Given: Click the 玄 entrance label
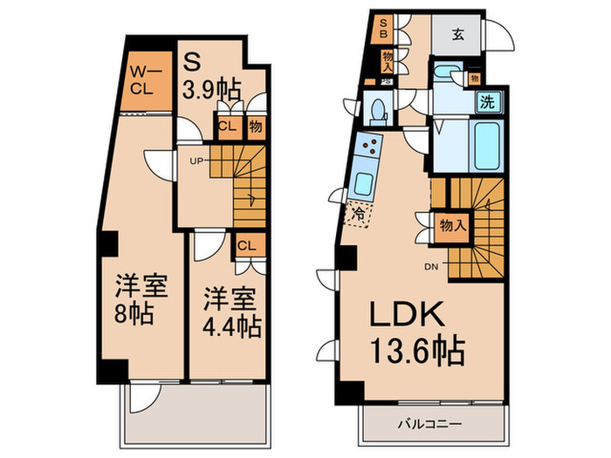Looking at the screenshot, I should pyautogui.click(x=459, y=35).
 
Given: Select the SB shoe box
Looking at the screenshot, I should pyautogui.click(x=382, y=28).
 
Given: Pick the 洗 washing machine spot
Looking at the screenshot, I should pyautogui.click(x=488, y=101).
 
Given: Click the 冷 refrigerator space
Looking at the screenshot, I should pyautogui.click(x=358, y=211).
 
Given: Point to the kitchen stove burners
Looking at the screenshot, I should pyautogui.click(x=370, y=147).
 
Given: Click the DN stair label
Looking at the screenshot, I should pyautogui.click(x=431, y=266).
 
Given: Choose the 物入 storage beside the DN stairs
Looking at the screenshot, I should pyautogui.click(x=451, y=226).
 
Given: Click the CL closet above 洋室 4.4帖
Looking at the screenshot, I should pyautogui.click(x=245, y=244).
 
